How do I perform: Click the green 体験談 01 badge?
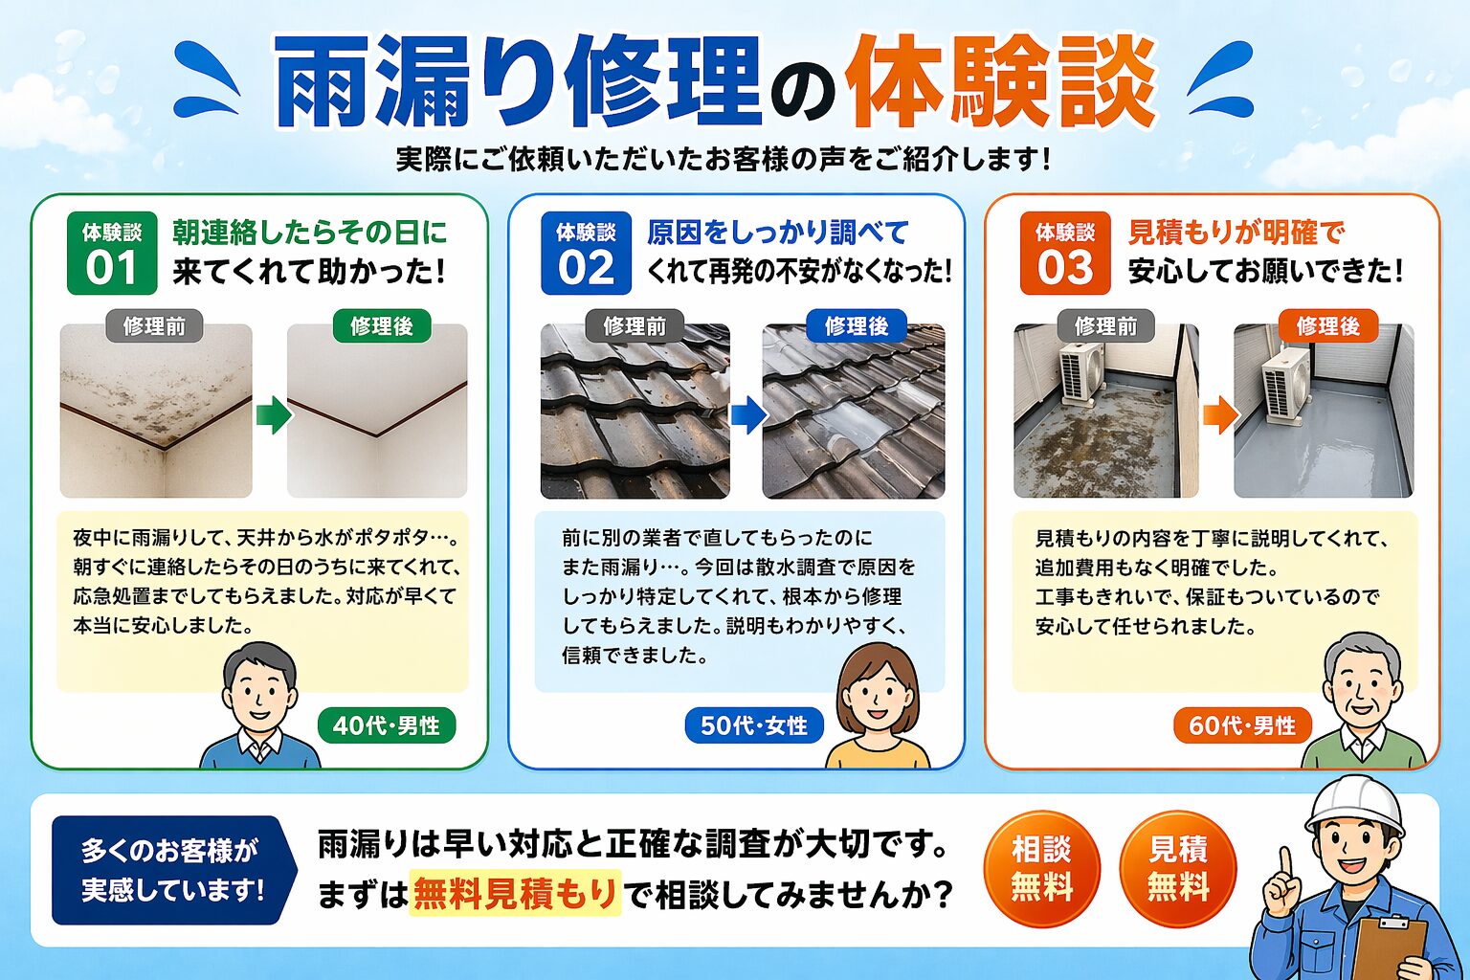coord(112,253)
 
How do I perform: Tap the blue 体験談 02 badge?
coord(586,253)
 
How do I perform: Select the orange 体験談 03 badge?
coord(1064,253)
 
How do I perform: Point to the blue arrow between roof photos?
coord(748,414)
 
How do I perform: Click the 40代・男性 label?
coord(387,725)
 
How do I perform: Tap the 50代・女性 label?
coord(754,725)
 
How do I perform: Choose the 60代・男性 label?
coord(1242,725)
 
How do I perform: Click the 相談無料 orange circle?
coord(1041,868)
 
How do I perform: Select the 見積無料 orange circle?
coord(1178,868)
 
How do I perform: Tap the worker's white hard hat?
coord(1353,806)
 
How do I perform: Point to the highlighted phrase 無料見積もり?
coord(515,893)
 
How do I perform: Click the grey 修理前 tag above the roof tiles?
coord(635,326)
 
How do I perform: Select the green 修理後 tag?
coord(382,326)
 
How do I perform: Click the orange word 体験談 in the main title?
coord(1000,82)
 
